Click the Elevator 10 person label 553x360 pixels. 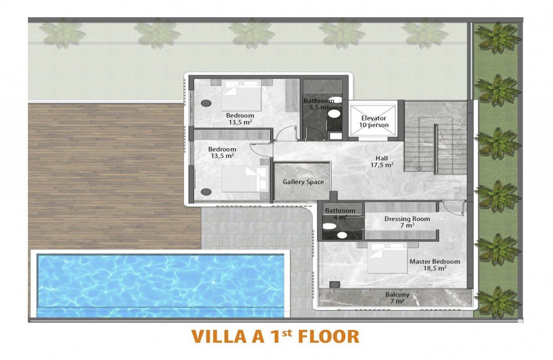(374, 121)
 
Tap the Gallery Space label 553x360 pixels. (303, 182)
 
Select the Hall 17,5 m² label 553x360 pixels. (381, 161)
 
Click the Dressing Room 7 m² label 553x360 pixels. (407, 222)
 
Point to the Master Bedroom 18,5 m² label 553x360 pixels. (434, 264)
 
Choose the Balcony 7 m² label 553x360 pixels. (397, 298)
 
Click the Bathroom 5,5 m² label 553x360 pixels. (318, 104)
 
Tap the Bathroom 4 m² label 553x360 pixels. (340, 213)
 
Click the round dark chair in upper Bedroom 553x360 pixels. (206, 103)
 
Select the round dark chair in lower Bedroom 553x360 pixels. (206, 191)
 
